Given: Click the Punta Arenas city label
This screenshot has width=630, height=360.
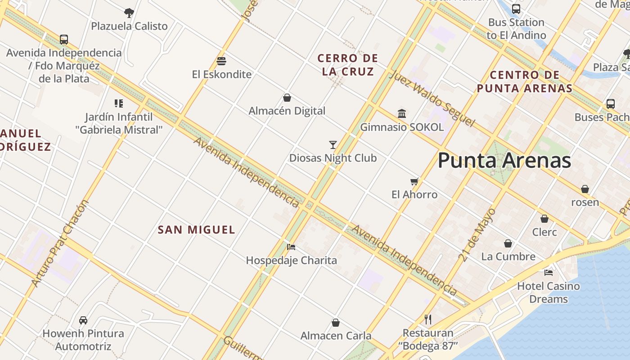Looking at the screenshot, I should (x=504, y=161).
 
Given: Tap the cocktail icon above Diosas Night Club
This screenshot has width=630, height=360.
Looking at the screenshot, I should (x=333, y=145).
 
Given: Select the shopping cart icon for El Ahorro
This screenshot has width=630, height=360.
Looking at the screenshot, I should (x=414, y=182).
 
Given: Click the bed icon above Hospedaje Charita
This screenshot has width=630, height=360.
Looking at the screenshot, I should (x=291, y=247).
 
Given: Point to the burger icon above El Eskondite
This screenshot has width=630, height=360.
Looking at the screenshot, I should (x=221, y=61).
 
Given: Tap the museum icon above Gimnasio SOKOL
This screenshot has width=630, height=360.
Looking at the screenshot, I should (x=402, y=113).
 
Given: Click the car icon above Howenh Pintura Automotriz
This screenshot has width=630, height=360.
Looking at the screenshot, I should (x=83, y=320).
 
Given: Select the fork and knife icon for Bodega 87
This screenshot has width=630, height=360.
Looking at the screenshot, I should (x=428, y=319).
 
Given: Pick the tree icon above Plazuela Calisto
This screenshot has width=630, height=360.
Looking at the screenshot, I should (x=129, y=13).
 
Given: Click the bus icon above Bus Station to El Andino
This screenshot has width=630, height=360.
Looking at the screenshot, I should (x=516, y=9).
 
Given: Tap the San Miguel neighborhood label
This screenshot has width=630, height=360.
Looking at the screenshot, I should (x=197, y=229).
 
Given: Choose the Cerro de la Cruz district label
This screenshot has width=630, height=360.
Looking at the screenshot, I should (x=348, y=65).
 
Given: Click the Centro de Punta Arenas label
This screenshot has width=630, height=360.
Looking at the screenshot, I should (x=525, y=81).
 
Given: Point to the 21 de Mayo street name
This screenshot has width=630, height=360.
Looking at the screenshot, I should (x=477, y=234).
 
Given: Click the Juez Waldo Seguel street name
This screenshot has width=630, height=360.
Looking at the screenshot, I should (x=432, y=99).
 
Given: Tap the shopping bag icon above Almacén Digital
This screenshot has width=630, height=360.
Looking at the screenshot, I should (x=287, y=98).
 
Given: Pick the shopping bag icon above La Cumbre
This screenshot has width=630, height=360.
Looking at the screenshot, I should (x=508, y=243).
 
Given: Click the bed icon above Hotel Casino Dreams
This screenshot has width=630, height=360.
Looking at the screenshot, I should (x=548, y=273).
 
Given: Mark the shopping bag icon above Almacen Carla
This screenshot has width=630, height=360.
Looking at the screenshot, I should (x=336, y=323).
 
